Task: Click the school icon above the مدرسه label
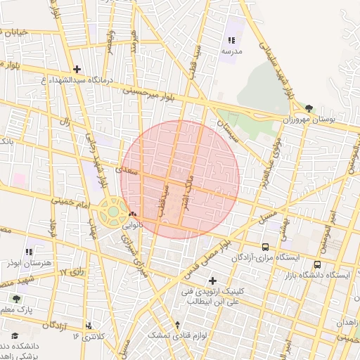(x=232, y=41)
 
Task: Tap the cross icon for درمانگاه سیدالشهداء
(x=77, y=69)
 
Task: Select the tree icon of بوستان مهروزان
(x=309, y=108)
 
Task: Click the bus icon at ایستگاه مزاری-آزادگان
(x=265, y=247)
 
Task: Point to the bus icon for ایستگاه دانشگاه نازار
(x=317, y=265)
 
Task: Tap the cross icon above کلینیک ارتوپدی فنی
(x=213, y=281)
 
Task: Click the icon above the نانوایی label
(x=133, y=214)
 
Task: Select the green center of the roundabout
(x=113, y=211)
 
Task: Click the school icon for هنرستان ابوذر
(x=29, y=251)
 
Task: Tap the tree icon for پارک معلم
(x=16, y=298)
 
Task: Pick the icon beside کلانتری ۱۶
(x=89, y=326)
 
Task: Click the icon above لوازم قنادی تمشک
(x=177, y=325)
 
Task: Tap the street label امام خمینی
(x=72, y=201)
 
